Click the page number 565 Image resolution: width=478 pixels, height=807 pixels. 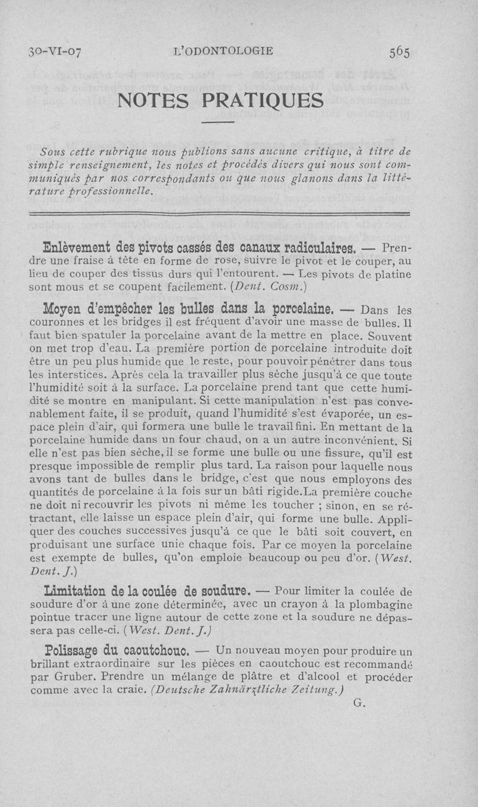point(399,52)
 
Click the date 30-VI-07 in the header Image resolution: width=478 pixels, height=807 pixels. point(54,52)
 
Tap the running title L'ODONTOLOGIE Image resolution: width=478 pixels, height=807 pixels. point(222,51)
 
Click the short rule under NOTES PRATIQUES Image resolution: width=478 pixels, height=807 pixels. point(217,123)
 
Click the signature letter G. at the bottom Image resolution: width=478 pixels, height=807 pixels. point(359,704)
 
